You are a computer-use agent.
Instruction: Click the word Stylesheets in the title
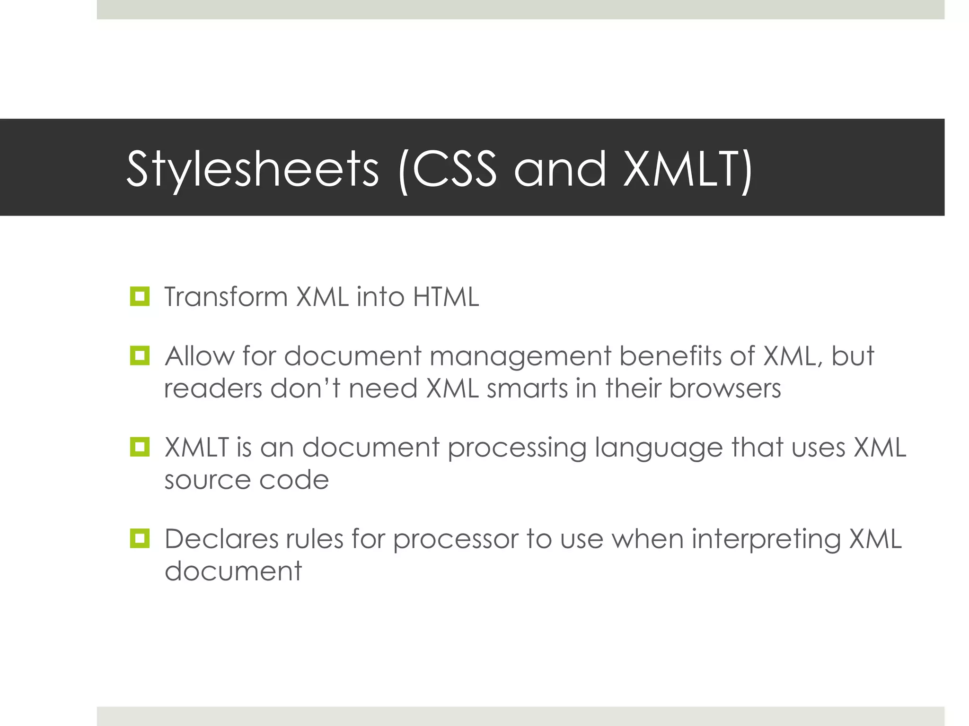click(x=253, y=169)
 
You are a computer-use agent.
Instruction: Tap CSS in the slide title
click(x=454, y=168)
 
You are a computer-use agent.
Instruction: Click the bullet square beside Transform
click(x=140, y=296)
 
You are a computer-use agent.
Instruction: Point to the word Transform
click(x=226, y=297)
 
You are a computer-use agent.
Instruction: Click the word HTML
click(x=446, y=297)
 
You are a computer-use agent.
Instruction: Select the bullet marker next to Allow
click(x=140, y=355)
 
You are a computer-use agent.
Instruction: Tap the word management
click(x=520, y=356)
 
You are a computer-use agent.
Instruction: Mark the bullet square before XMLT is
click(x=140, y=447)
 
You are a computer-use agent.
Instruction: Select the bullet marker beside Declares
click(x=140, y=538)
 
